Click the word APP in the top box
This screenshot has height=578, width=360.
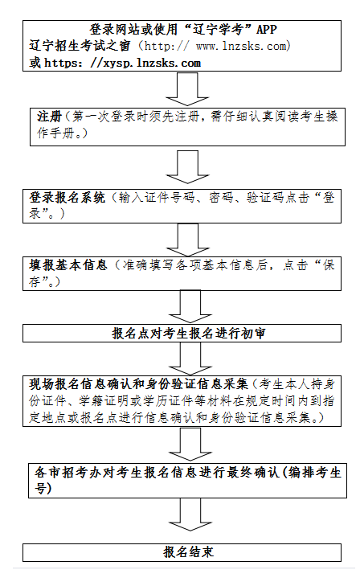[x=267, y=29]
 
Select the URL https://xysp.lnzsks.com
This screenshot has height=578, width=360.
[x=123, y=63]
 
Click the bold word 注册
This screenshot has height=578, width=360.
[x=49, y=117]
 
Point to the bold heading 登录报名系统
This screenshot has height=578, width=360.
[x=67, y=198]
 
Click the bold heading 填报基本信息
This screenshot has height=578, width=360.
[x=68, y=265]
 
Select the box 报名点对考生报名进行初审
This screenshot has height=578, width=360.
[x=182, y=334]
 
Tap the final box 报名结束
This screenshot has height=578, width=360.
[x=182, y=552]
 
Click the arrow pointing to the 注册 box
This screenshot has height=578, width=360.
[x=187, y=89]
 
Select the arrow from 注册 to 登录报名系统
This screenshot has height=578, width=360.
[x=187, y=167]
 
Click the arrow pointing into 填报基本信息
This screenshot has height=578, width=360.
[x=188, y=240]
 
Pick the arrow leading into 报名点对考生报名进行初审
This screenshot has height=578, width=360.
[x=190, y=307]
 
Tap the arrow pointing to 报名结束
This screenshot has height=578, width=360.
[x=190, y=514]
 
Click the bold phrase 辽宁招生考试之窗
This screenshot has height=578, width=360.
[x=80, y=46]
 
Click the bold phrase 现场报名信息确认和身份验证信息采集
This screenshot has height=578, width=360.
[x=139, y=384]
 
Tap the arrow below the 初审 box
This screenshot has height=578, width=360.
[x=190, y=359]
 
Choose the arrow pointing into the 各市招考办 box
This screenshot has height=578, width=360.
[x=190, y=444]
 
